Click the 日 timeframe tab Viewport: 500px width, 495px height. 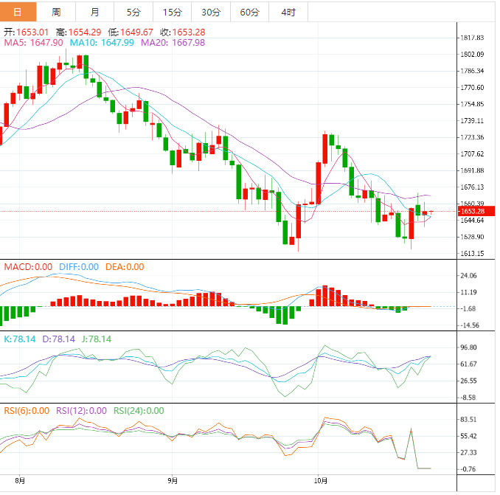(x=18, y=12)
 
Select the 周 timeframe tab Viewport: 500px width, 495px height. (x=57, y=12)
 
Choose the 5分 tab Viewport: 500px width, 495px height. (x=133, y=12)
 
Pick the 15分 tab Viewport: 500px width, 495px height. (x=172, y=12)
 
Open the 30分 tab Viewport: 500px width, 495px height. (x=211, y=12)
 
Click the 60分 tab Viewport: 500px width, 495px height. (x=250, y=12)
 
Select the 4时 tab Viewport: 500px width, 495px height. (x=288, y=12)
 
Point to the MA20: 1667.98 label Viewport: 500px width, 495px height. (x=173, y=43)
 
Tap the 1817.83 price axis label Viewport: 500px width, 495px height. (x=471, y=38)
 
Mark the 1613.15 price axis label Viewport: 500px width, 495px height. (x=471, y=254)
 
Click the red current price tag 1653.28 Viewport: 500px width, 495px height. (x=471, y=212)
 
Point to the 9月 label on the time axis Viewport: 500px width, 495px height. (x=173, y=481)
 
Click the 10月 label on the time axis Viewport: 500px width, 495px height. (x=319, y=481)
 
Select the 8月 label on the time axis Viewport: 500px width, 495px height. (x=20, y=481)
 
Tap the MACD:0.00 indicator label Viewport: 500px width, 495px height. (x=29, y=267)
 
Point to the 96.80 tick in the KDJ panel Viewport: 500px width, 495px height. (x=470, y=347)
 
